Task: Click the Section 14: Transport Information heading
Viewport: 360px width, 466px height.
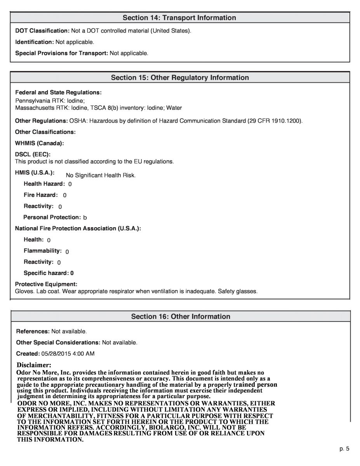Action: (179, 18)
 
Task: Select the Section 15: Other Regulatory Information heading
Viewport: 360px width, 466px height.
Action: (180, 78)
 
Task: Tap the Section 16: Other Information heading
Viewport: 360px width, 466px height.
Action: (181, 316)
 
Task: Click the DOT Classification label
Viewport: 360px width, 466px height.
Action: (42, 31)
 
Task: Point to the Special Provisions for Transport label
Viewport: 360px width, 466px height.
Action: (61, 53)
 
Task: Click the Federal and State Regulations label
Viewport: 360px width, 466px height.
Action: (58, 92)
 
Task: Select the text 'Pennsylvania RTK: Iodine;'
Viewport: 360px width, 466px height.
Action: (47, 101)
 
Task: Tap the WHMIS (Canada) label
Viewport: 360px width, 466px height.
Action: (39, 143)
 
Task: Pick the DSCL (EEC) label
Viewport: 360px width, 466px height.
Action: (33, 155)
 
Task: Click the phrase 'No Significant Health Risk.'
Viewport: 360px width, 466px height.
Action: (101, 176)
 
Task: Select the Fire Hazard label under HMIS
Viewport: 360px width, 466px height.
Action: (40, 195)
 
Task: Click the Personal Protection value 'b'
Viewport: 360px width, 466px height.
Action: (85, 218)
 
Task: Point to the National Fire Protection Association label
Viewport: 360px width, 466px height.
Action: (78, 228)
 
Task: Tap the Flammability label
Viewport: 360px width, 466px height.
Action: (42, 251)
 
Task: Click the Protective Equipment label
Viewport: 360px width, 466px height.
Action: (46, 284)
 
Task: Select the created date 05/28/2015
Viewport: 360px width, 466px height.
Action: (56, 354)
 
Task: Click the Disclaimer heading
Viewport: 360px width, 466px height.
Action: (34, 365)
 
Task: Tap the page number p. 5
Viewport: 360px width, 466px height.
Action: (344, 449)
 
